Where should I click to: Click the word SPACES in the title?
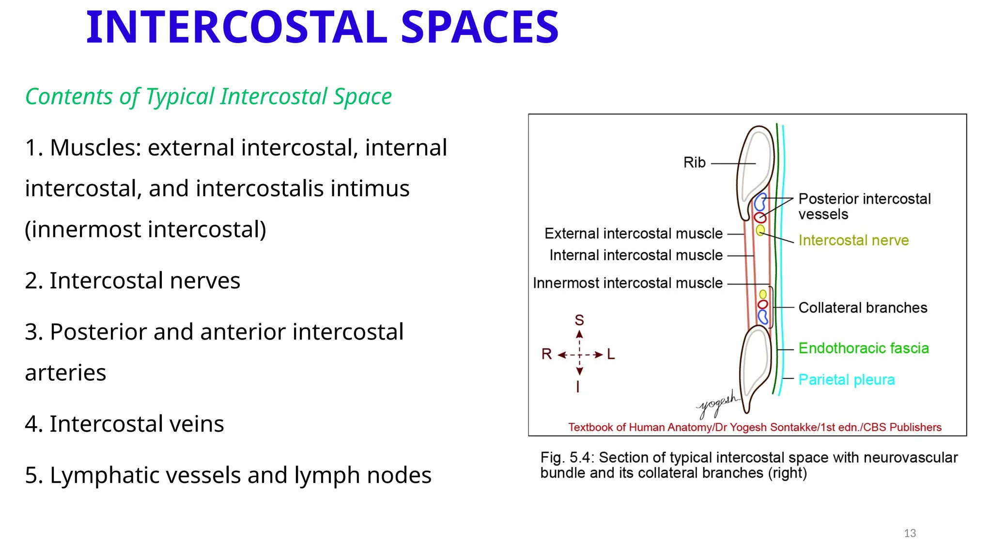tap(480, 28)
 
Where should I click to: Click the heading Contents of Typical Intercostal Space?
tap(208, 96)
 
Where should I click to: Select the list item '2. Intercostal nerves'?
tap(132, 280)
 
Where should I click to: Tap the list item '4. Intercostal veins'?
tap(124, 424)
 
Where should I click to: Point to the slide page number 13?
tap(910, 533)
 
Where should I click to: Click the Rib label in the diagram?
tap(694, 163)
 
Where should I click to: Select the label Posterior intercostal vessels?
tap(864, 206)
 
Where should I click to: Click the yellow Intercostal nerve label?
tap(853, 240)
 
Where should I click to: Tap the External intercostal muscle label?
tap(633, 233)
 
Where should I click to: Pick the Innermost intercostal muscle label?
tap(627, 283)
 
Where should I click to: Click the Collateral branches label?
tap(863, 308)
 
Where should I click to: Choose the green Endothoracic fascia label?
tap(864, 348)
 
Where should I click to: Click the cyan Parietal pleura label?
tap(846, 380)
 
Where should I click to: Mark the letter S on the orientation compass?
tap(579, 320)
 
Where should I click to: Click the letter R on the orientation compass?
tap(546, 354)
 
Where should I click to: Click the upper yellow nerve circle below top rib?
tap(760, 230)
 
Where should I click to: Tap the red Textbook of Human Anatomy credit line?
tap(755, 427)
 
